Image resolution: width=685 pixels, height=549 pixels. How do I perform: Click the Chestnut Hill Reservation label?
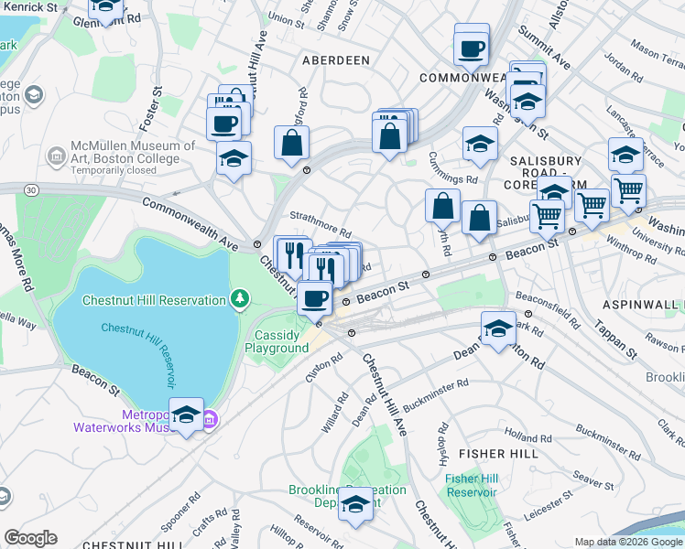point(154,300)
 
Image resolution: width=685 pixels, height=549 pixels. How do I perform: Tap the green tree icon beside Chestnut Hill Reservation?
point(240,298)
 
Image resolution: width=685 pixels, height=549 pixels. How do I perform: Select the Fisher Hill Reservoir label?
point(472,484)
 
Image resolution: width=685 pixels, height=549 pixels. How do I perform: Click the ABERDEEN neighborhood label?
point(336,60)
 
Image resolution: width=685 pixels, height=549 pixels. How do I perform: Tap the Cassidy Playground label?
point(281,341)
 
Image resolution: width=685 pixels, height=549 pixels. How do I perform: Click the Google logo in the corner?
point(31,538)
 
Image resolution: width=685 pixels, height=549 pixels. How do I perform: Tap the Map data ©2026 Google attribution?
point(628,542)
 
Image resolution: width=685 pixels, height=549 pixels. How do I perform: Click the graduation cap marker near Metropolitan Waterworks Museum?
point(187,415)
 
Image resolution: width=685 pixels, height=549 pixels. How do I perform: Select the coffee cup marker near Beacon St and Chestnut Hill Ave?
point(315,297)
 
